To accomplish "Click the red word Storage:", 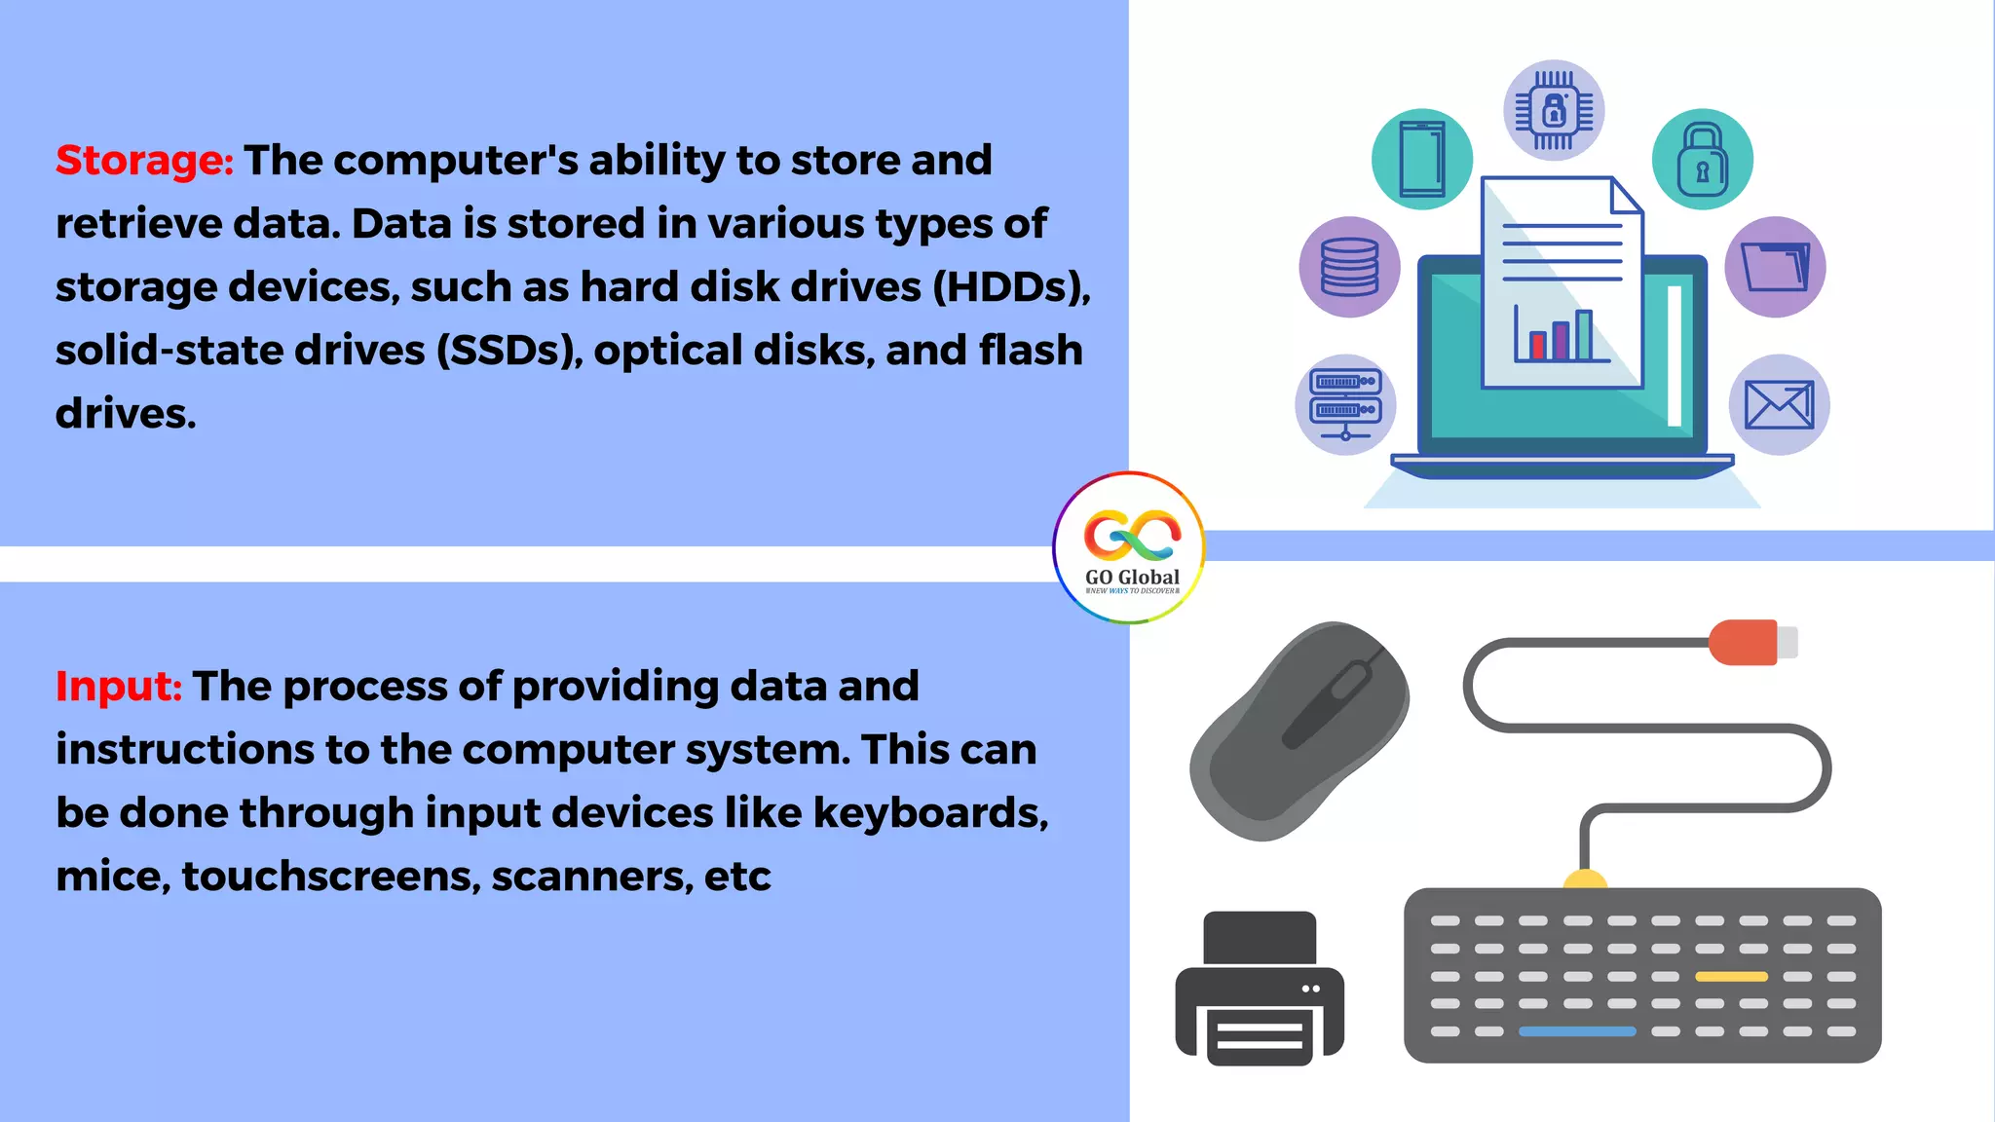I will [144, 161].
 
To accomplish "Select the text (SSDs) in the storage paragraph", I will [508, 351].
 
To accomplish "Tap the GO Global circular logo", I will [1129, 547].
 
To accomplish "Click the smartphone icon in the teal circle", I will [1422, 159].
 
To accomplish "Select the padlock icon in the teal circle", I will [1703, 159].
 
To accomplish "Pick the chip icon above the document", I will [1554, 110].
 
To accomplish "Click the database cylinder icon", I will [1350, 267].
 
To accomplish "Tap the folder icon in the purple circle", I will [1775, 267].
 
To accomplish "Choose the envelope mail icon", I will [1779, 404].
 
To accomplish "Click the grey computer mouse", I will [1300, 730].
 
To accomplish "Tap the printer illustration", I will [1260, 989].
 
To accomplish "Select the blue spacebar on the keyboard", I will [1577, 1031].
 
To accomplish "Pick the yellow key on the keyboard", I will [1731, 976].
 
